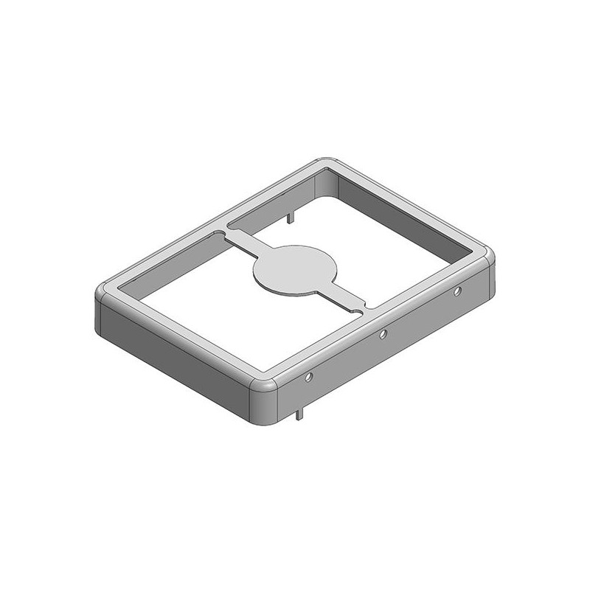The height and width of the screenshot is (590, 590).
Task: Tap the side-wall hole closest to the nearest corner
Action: click(x=308, y=379)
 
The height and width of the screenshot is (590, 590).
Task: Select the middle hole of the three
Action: click(x=383, y=336)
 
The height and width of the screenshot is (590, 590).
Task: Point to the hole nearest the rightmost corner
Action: click(x=458, y=292)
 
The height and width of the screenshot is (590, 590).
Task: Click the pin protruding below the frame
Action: click(x=299, y=414)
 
